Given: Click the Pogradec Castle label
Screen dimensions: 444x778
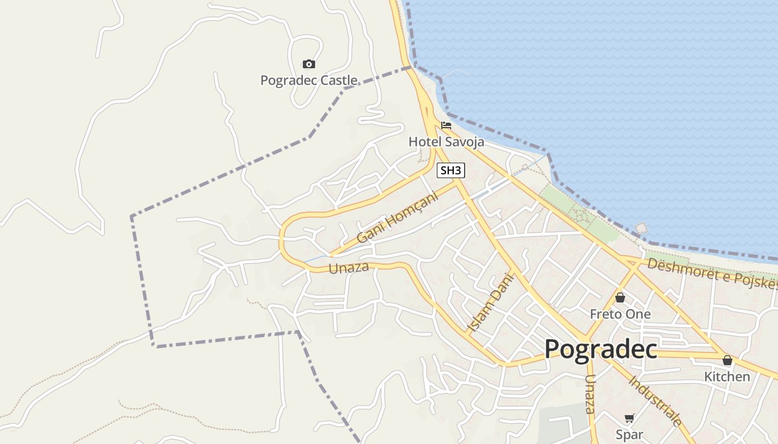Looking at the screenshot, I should [x=309, y=80].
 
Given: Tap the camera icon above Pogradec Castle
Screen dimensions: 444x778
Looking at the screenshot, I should [x=309, y=64].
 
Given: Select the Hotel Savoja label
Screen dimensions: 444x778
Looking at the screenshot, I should [x=446, y=142].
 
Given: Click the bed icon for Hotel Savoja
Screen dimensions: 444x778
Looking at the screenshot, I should [x=446, y=125].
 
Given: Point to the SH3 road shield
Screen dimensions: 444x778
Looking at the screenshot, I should [x=451, y=170].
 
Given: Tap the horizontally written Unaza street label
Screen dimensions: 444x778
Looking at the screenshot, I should [x=349, y=268].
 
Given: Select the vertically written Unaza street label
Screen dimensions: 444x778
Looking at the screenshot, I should [x=590, y=394].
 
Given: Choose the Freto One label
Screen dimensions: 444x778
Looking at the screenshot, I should [x=620, y=314].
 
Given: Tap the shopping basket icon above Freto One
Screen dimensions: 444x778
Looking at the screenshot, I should [x=620, y=298].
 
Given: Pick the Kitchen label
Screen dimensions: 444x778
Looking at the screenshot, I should [x=727, y=377].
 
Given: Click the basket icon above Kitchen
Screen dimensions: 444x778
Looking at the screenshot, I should [x=727, y=361].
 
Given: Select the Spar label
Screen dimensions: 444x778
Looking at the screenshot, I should [x=629, y=435].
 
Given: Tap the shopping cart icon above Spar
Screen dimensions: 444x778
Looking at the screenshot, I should [x=629, y=418].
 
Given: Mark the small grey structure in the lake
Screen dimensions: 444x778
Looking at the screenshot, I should [x=642, y=228].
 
